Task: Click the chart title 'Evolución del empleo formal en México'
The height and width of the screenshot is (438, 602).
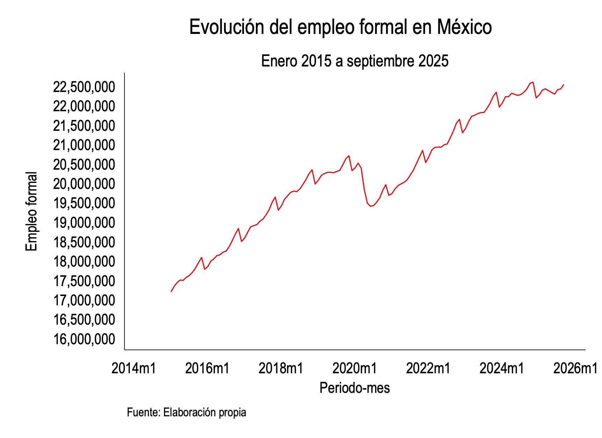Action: tap(340, 27)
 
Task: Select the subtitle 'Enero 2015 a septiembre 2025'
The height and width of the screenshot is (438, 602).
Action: tap(354, 61)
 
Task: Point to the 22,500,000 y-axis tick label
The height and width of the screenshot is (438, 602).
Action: tap(84, 87)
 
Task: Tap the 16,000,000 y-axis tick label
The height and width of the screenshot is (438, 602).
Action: tap(84, 339)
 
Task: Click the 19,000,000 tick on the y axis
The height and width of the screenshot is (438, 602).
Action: tap(84, 222)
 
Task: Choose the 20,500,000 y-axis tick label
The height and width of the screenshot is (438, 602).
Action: tap(84, 164)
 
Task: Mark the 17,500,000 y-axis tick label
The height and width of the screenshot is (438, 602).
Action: tap(84, 281)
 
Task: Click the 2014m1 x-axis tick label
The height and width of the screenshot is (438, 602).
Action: tap(134, 368)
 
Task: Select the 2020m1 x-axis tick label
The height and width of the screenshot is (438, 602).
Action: tap(354, 368)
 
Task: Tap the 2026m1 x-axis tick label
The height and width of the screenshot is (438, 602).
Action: tap(575, 368)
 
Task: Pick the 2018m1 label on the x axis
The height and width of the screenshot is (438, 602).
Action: tap(281, 368)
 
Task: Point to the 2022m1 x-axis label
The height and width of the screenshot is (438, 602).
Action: tap(428, 368)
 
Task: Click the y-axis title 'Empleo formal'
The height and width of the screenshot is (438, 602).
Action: tap(31, 211)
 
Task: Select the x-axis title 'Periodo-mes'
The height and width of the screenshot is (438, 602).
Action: tap(354, 388)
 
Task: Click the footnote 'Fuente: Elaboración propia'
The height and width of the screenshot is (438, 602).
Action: tap(186, 412)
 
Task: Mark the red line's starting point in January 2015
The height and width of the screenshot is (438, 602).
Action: tap(171, 291)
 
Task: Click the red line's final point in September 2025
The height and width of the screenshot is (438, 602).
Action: tap(564, 85)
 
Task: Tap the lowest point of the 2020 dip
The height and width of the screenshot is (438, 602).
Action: tap(371, 206)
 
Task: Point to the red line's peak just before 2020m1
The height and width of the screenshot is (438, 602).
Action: tap(349, 156)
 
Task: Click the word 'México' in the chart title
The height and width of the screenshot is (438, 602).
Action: tap(464, 27)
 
